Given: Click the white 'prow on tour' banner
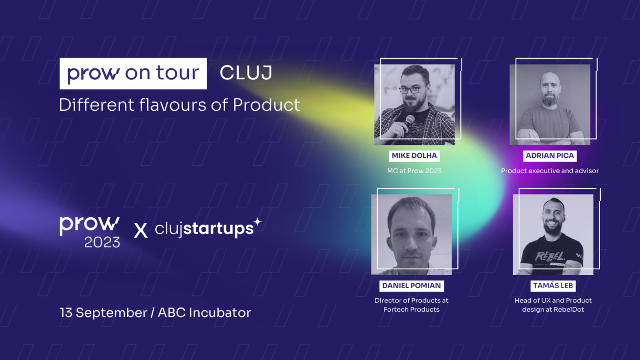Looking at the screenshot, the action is click(x=133, y=73).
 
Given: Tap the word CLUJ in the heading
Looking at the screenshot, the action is click(x=246, y=73).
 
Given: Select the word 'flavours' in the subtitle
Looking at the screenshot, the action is click(x=173, y=104).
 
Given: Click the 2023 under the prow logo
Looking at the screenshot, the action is click(x=102, y=242).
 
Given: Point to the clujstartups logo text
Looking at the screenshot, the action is click(x=204, y=229).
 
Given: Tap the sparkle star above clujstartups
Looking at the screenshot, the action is click(x=258, y=221).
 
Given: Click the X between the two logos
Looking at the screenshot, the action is click(x=141, y=230).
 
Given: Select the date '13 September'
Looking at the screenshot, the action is click(x=103, y=313).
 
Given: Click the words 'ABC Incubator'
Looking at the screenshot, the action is click(x=204, y=313).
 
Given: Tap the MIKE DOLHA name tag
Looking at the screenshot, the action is click(x=414, y=156).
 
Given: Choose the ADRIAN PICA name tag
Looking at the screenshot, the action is click(x=550, y=156).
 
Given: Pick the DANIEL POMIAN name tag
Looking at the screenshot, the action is click(x=411, y=285).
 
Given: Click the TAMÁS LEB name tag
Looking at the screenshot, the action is click(x=553, y=285).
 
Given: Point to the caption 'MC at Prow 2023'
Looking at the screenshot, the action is click(x=414, y=171).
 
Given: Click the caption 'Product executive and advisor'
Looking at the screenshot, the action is click(x=550, y=171).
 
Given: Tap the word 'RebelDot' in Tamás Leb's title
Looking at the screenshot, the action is click(x=569, y=310).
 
